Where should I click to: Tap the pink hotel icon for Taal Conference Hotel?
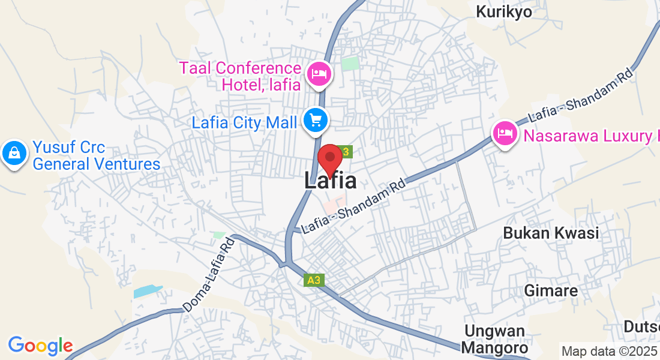click(x=319, y=75)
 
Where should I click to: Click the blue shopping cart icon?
click(x=315, y=121)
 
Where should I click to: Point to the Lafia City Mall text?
click(x=244, y=122)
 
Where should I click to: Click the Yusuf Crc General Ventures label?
click(x=96, y=155)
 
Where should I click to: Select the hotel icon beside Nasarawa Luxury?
click(x=505, y=133)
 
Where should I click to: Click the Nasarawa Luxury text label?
click(x=591, y=136)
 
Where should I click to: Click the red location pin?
click(x=329, y=158)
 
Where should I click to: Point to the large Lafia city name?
click(x=330, y=181)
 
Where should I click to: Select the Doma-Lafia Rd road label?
click(x=208, y=274)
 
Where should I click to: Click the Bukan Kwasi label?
click(x=551, y=233)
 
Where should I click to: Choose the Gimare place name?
click(x=551, y=291)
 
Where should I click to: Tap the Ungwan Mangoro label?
click(x=495, y=339)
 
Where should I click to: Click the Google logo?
click(x=40, y=346)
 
